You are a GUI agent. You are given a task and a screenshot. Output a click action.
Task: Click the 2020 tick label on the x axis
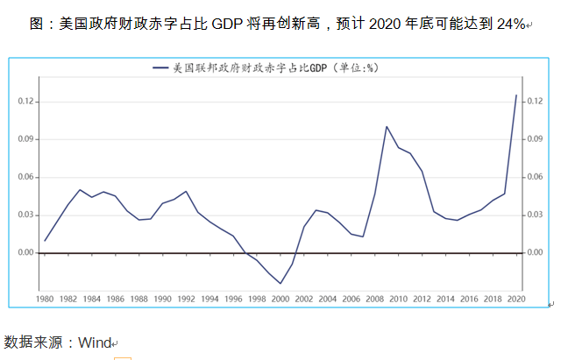point(515,300)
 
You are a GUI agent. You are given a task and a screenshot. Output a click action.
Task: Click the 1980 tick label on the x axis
point(45,300)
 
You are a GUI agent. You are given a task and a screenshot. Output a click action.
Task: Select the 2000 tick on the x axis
point(280,300)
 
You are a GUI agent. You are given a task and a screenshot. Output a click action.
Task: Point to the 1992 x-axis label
point(186,300)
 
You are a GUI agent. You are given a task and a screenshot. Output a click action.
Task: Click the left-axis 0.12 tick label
point(25,102)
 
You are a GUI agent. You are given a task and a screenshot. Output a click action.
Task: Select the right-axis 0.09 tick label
point(536,139)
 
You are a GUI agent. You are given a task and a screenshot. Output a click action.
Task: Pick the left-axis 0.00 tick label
point(25,252)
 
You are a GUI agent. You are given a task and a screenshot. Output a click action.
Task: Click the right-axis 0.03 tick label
point(536,215)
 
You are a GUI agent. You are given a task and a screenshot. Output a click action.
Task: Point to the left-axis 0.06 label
point(25,177)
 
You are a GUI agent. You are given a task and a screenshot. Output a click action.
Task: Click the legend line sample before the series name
point(160,67)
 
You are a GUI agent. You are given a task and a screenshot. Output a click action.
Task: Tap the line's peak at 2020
point(515,95)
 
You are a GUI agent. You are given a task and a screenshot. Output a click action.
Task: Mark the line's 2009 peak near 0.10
point(387,126)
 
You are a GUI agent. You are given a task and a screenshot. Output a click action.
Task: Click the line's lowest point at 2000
point(280,283)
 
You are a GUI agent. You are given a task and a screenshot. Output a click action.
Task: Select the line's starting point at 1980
point(45,240)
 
